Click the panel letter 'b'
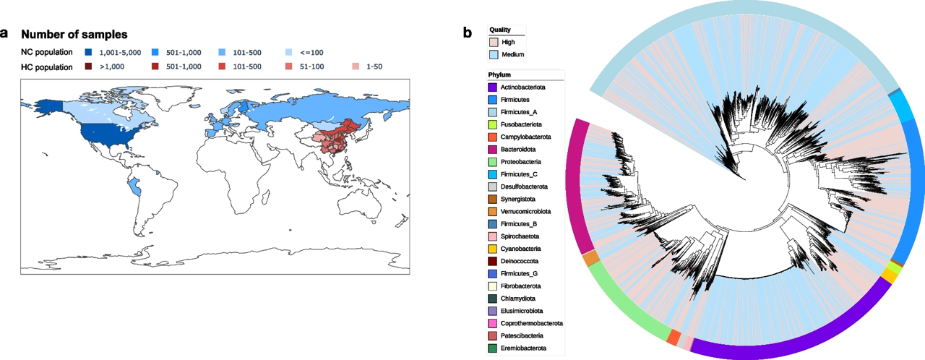point(468,33)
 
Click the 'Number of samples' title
point(74,34)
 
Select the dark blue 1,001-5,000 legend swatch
point(88,53)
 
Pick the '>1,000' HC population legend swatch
point(88,67)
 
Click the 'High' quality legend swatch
point(494,42)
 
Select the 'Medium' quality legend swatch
point(494,54)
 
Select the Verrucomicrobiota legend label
point(526,212)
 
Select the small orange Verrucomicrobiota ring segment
point(590,258)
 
